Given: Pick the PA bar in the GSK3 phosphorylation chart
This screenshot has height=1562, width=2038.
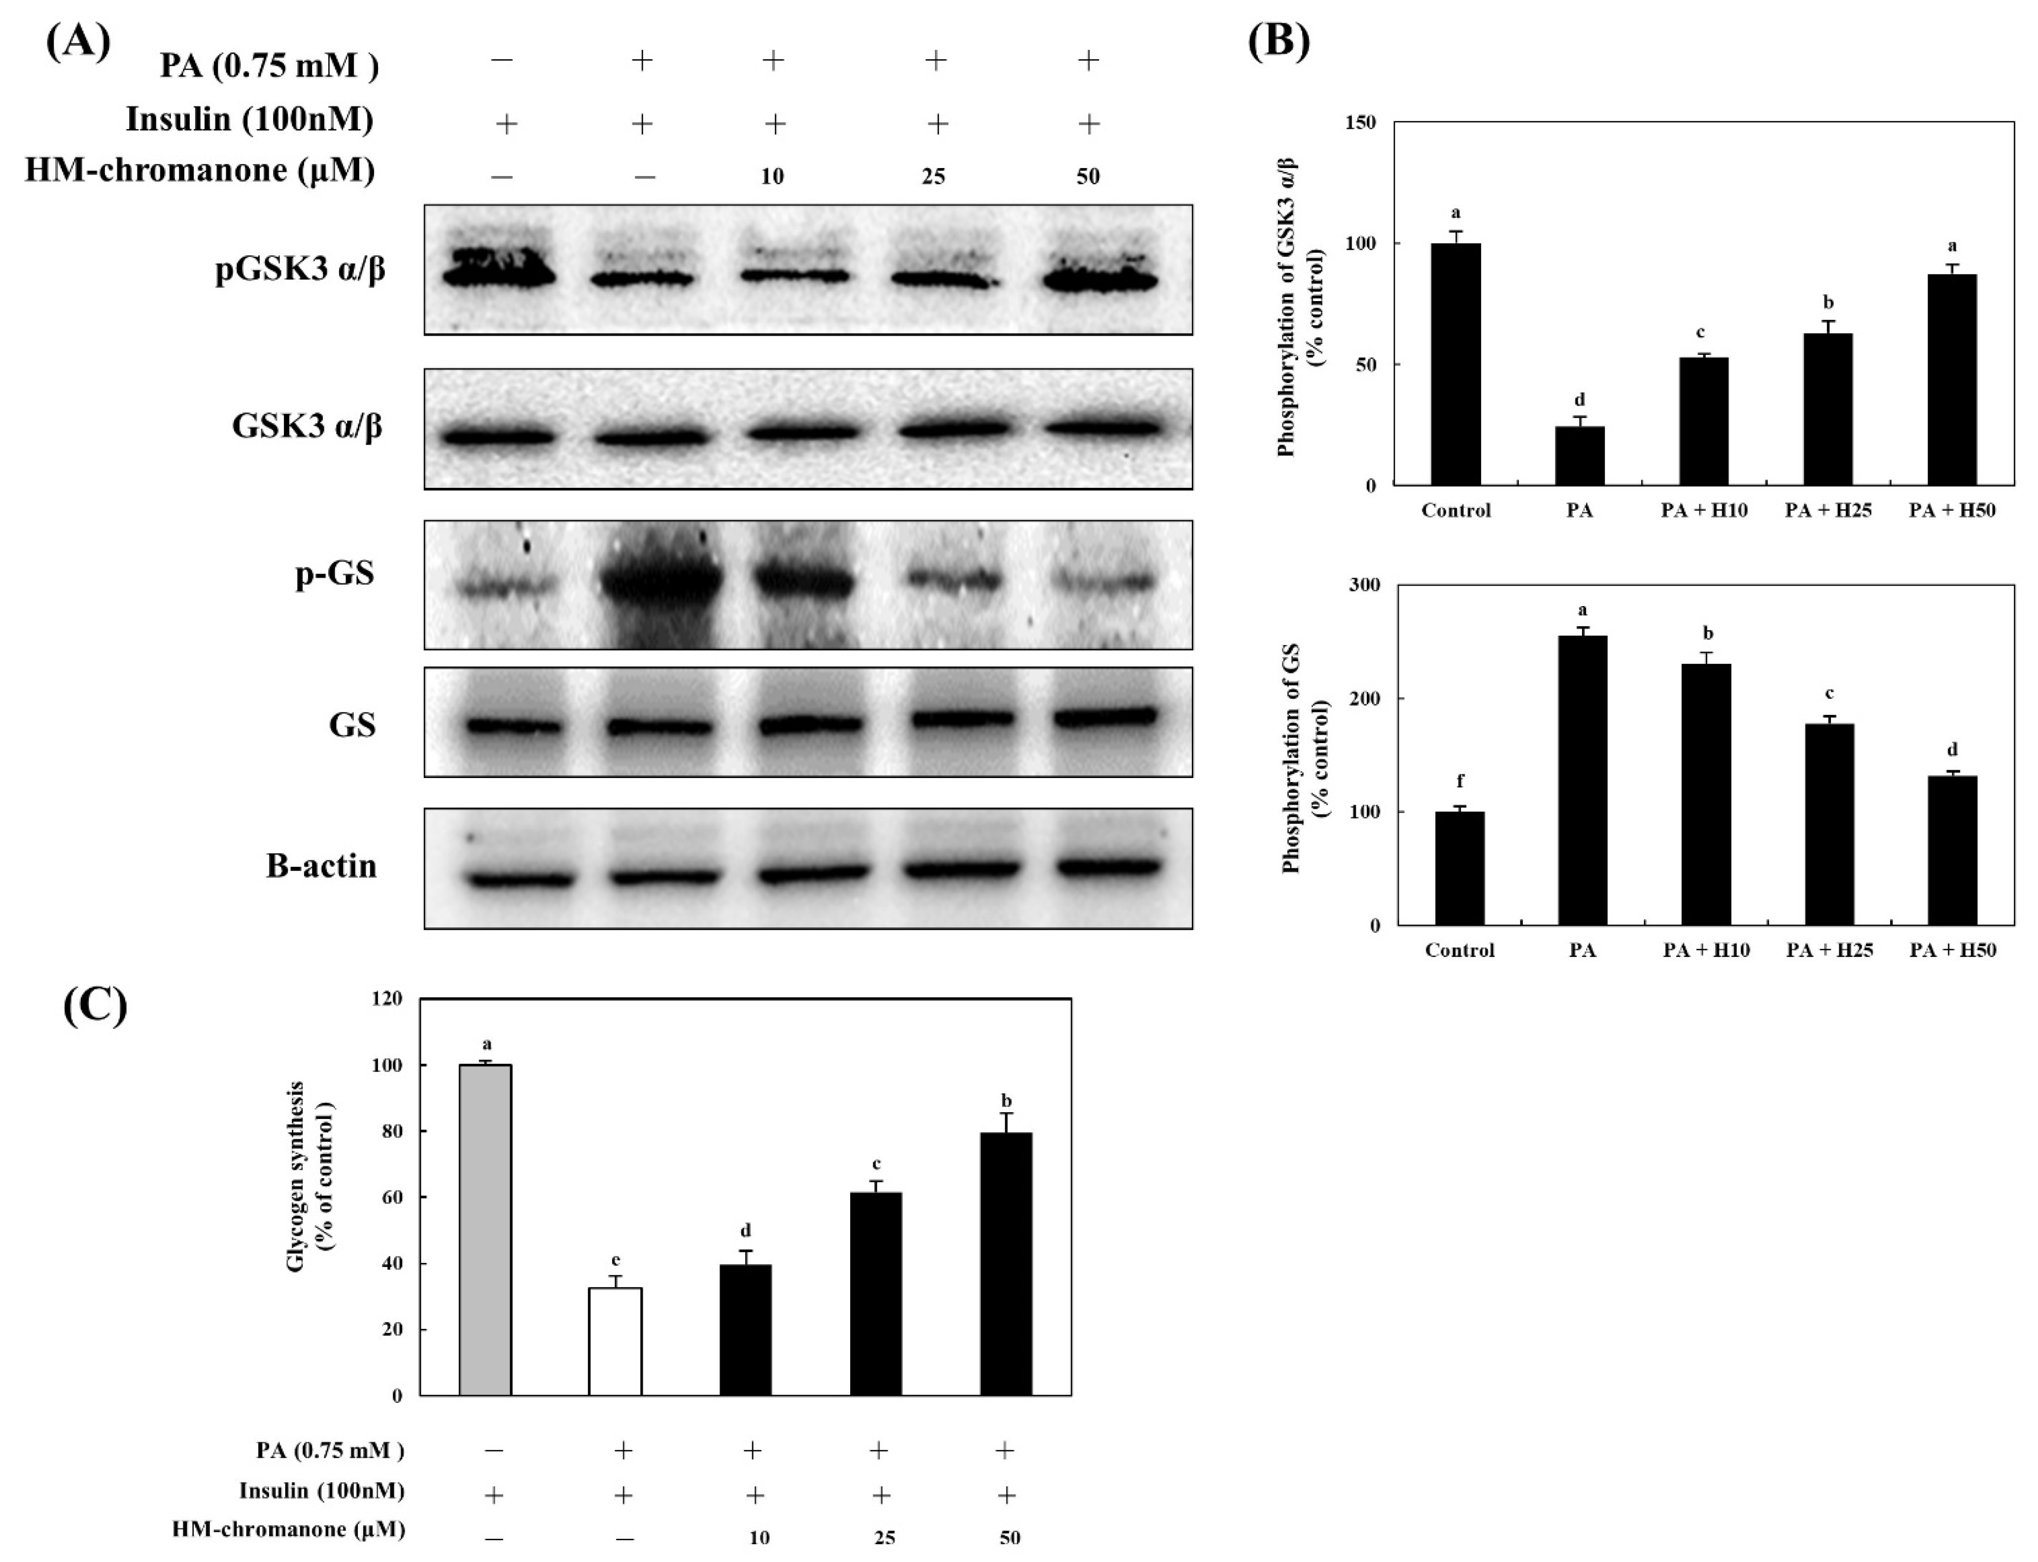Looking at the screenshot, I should point(1580,456).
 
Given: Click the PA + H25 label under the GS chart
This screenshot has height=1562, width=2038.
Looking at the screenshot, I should point(1829,950).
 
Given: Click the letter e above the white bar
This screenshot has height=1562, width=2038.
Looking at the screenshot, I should point(616,1261).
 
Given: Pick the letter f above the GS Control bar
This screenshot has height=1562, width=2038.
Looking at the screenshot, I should point(1460,782).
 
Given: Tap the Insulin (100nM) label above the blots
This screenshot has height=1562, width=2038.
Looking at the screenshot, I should point(249,120).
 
